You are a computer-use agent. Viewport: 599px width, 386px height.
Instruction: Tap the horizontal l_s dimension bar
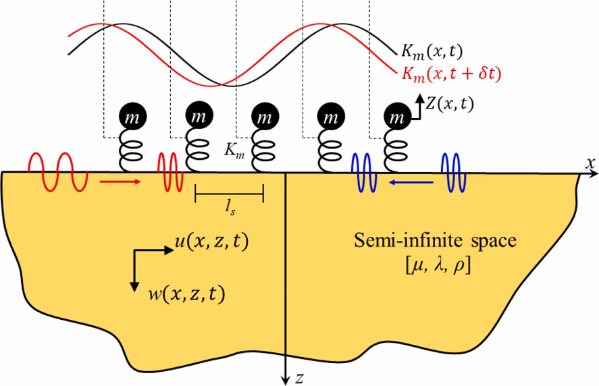[229, 196]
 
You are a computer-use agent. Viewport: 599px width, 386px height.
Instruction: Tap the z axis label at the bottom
[298, 378]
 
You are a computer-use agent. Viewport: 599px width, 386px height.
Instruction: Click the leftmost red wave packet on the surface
[57, 171]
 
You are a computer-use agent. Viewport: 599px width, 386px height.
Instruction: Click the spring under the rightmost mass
[396, 151]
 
